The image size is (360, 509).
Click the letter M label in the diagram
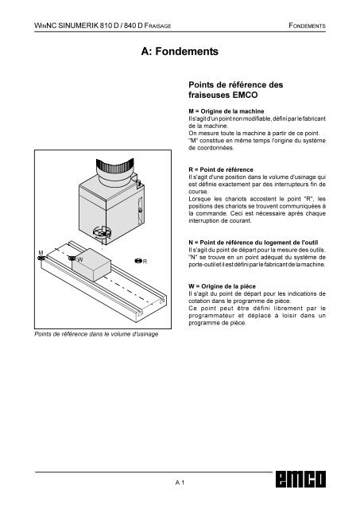point(41,253)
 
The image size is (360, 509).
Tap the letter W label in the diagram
point(80,260)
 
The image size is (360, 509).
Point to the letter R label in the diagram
point(145,262)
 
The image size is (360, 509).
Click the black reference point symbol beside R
point(138,261)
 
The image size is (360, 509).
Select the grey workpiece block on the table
point(91,265)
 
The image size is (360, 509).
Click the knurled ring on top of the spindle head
point(114,166)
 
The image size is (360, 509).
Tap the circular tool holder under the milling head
point(102,233)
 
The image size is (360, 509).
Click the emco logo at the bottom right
point(300,479)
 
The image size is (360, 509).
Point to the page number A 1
point(180,483)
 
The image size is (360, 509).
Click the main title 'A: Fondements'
point(180,51)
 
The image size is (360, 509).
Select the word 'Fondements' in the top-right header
point(307,25)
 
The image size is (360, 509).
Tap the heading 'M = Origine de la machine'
point(226,111)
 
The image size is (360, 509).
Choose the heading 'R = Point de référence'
point(221,169)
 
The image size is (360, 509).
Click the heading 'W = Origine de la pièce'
point(223,286)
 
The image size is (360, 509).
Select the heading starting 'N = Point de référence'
point(254,243)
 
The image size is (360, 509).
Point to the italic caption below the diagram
point(96,334)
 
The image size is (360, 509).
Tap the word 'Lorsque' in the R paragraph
point(200,199)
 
